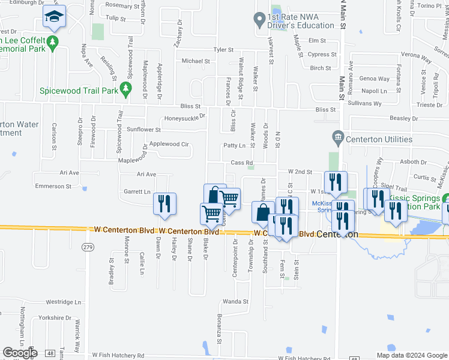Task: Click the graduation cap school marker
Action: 55,19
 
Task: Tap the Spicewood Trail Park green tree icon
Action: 125,91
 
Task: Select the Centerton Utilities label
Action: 378,139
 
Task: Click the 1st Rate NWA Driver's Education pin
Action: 259,20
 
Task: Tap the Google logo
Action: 20,353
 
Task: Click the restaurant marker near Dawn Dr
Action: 164,204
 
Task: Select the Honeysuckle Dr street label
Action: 185,118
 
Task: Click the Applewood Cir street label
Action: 169,144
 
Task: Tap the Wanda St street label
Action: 235,301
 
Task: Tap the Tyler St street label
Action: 222,50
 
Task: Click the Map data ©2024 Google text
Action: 411,355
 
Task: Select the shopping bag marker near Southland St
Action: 263,212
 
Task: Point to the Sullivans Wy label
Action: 365,103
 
